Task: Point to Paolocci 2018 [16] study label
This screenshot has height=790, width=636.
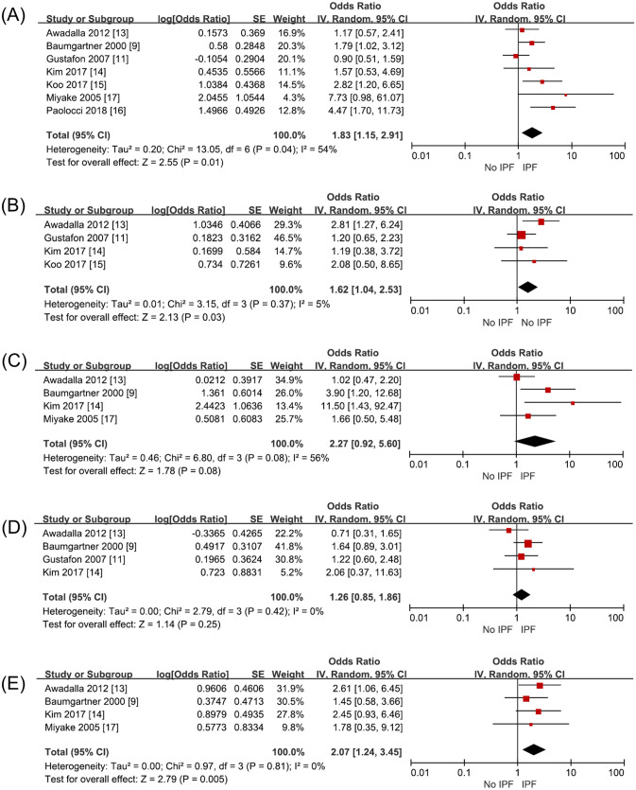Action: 85,108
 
